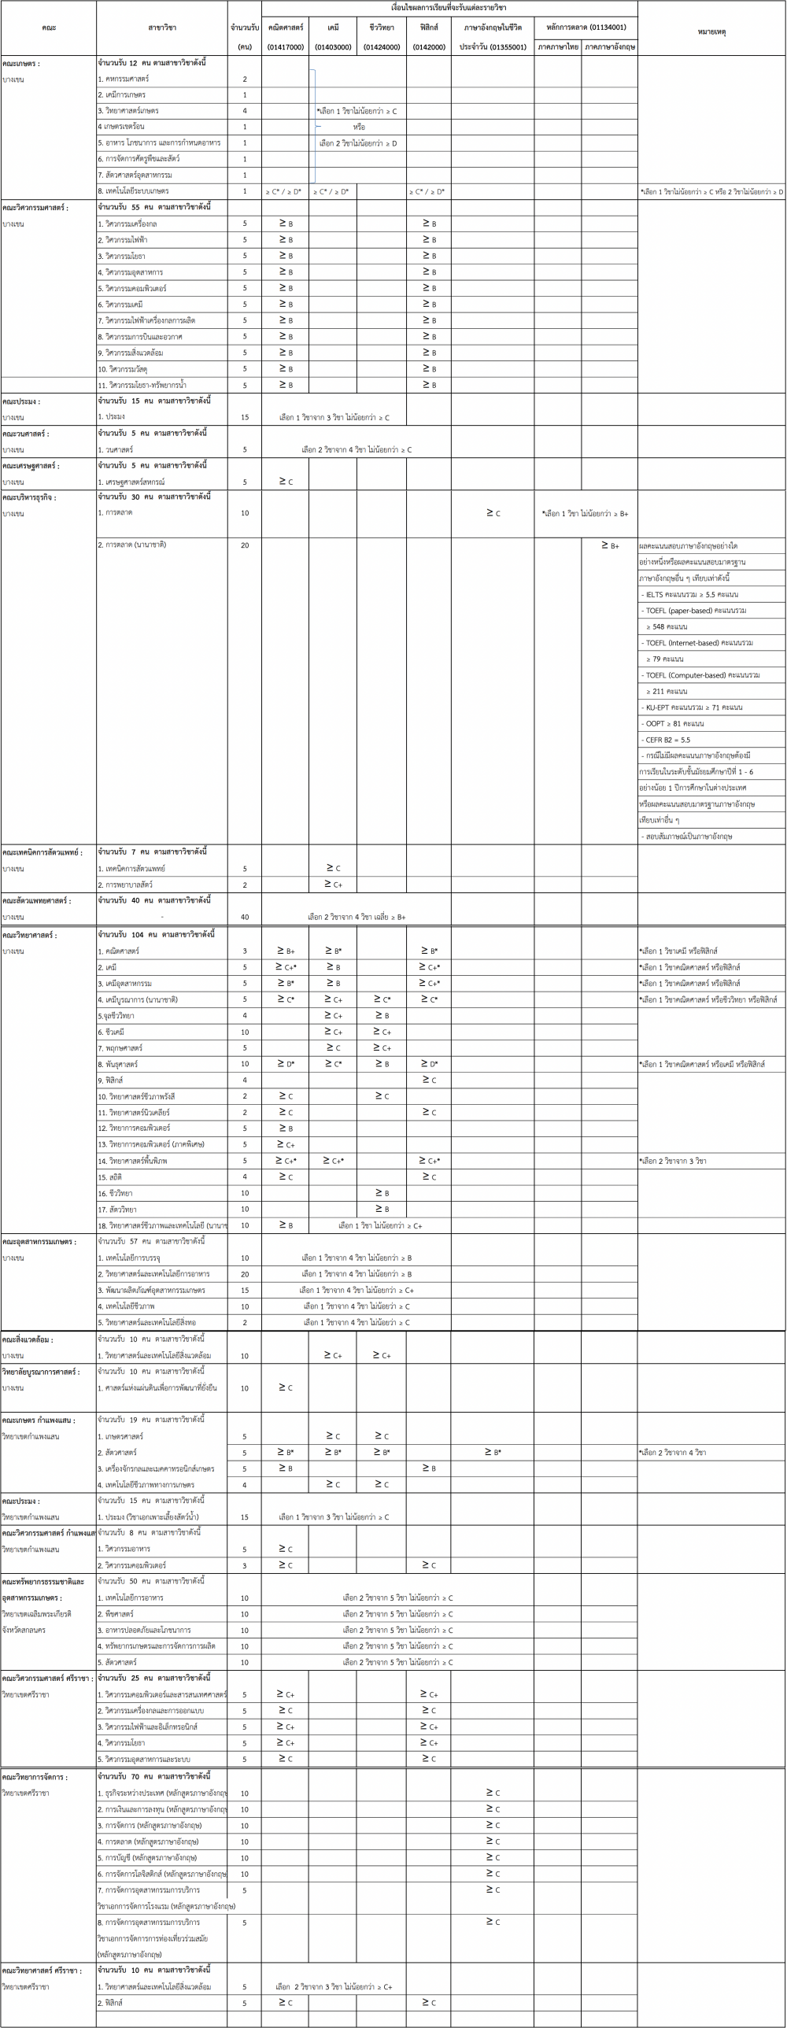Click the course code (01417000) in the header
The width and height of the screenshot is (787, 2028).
[285, 47]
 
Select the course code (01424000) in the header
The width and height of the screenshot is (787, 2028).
[382, 47]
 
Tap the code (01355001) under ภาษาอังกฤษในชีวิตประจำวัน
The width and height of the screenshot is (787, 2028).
[493, 47]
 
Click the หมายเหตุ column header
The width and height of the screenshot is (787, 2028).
[711, 31]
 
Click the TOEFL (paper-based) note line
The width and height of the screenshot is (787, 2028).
[696, 610]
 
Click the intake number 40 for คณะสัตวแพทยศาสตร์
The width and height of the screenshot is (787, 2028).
[245, 916]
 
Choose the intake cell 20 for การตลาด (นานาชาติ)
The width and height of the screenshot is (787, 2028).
[245, 545]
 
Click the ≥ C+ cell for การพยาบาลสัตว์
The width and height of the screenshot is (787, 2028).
[333, 885]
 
